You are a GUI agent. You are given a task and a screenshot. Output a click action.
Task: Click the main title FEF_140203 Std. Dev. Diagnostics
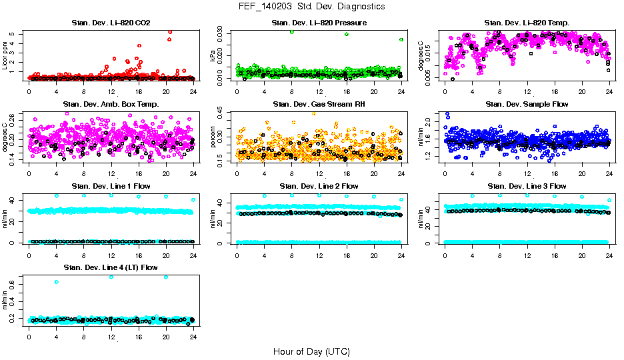click(x=311, y=6)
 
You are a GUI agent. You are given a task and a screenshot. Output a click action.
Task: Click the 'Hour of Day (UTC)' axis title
click(x=311, y=351)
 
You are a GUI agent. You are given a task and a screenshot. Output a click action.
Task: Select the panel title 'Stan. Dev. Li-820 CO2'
click(x=111, y=23)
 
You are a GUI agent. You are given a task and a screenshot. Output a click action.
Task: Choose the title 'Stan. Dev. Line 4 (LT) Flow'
click(x=111, y=267)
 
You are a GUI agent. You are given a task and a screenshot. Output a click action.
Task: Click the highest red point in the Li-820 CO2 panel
click(x=170, y=31)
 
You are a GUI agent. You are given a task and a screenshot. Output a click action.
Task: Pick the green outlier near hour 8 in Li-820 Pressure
click(x=292, y=32)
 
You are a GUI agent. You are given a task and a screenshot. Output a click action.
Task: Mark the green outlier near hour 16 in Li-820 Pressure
click(x=347, y=34)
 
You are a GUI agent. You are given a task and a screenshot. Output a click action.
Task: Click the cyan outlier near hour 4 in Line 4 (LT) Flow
click(x=57, y=282)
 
